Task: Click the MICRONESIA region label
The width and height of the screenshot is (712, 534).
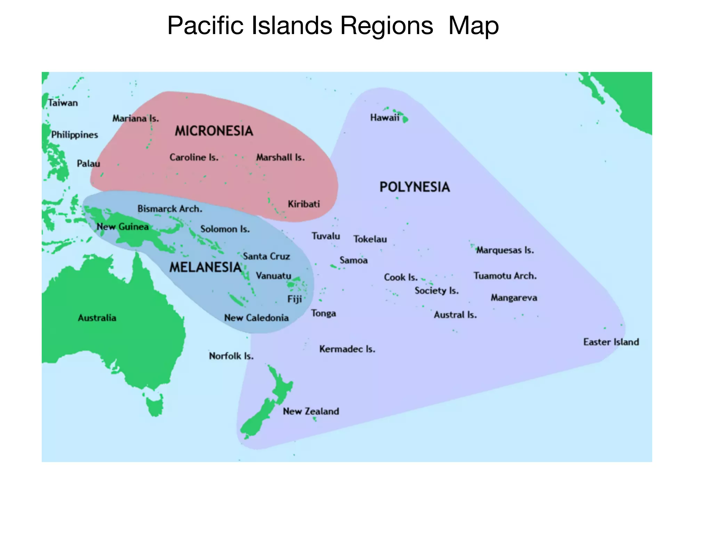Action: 214,131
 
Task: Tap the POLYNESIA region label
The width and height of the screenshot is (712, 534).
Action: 414,187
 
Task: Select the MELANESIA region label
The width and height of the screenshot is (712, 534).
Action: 205,267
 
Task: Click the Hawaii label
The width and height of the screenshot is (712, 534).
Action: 385,118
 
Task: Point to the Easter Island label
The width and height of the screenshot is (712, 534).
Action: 611,342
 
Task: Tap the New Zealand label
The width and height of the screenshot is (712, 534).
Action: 311,411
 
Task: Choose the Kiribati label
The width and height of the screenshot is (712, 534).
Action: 304,204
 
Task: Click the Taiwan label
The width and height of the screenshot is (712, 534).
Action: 63,103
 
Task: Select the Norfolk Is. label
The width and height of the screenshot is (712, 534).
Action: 231,356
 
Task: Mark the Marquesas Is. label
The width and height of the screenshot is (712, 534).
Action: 505,250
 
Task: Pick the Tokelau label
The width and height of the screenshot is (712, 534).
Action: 370,239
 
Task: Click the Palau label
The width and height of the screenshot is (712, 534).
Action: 88,163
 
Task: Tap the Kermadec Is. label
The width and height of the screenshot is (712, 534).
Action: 347,349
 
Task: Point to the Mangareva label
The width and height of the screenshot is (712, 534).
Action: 514,298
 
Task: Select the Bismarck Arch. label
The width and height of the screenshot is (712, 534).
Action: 170,209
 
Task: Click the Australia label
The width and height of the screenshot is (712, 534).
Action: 97,318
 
